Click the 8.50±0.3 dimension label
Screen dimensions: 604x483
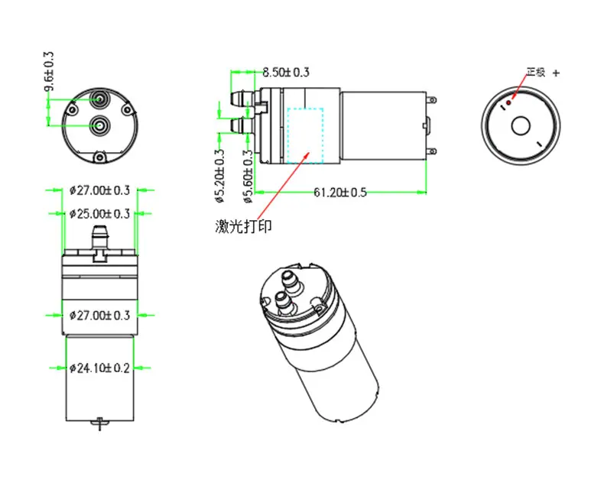(x=286, y=72)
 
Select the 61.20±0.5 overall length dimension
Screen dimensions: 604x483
(x=340, y=192)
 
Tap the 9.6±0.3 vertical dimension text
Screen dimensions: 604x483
(x=49, y=72)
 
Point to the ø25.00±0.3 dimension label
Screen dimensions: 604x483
(x=99, y=214)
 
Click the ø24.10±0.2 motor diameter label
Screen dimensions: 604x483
(x=99, y=368)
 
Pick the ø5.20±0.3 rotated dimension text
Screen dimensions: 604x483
(x=219, y=176)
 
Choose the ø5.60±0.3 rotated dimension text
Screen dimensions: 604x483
(x=248, y=176)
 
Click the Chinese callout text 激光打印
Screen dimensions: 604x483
(x=243, y=226)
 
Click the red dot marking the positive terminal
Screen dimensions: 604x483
(x=508, y=103)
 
